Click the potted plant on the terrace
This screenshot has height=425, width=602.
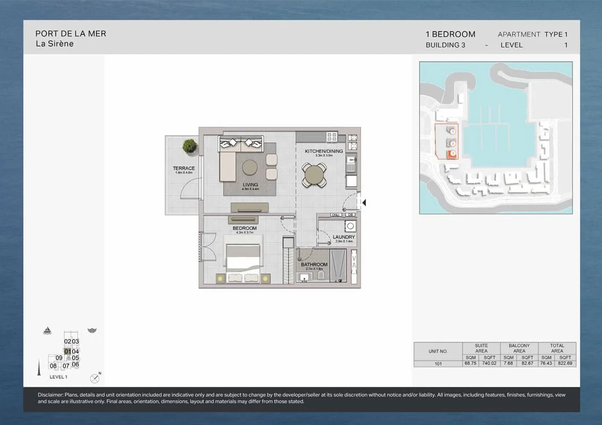click(189, 145)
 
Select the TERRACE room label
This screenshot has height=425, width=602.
click(183, 168)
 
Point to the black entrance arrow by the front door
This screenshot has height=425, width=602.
click(364, 202)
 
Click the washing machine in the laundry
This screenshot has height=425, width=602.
click(349, 225)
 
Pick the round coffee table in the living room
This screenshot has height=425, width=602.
click(250, 167)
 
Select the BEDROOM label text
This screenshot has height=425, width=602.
click(244, 228)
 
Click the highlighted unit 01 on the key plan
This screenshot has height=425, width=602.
click(68, 351)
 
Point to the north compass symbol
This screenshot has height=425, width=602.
click(95, 378)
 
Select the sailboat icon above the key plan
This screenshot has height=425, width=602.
click(47, 330)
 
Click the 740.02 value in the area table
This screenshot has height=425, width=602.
click(489, 364)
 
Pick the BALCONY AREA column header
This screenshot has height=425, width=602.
click(519, 348)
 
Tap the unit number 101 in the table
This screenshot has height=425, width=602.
click(438, 364)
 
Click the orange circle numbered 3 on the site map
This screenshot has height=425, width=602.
click(453, 154)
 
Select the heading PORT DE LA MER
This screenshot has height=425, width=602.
click(71, 33)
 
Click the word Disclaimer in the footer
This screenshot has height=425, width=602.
click(50, 395)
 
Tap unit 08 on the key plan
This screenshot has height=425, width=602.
click(53, 365)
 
